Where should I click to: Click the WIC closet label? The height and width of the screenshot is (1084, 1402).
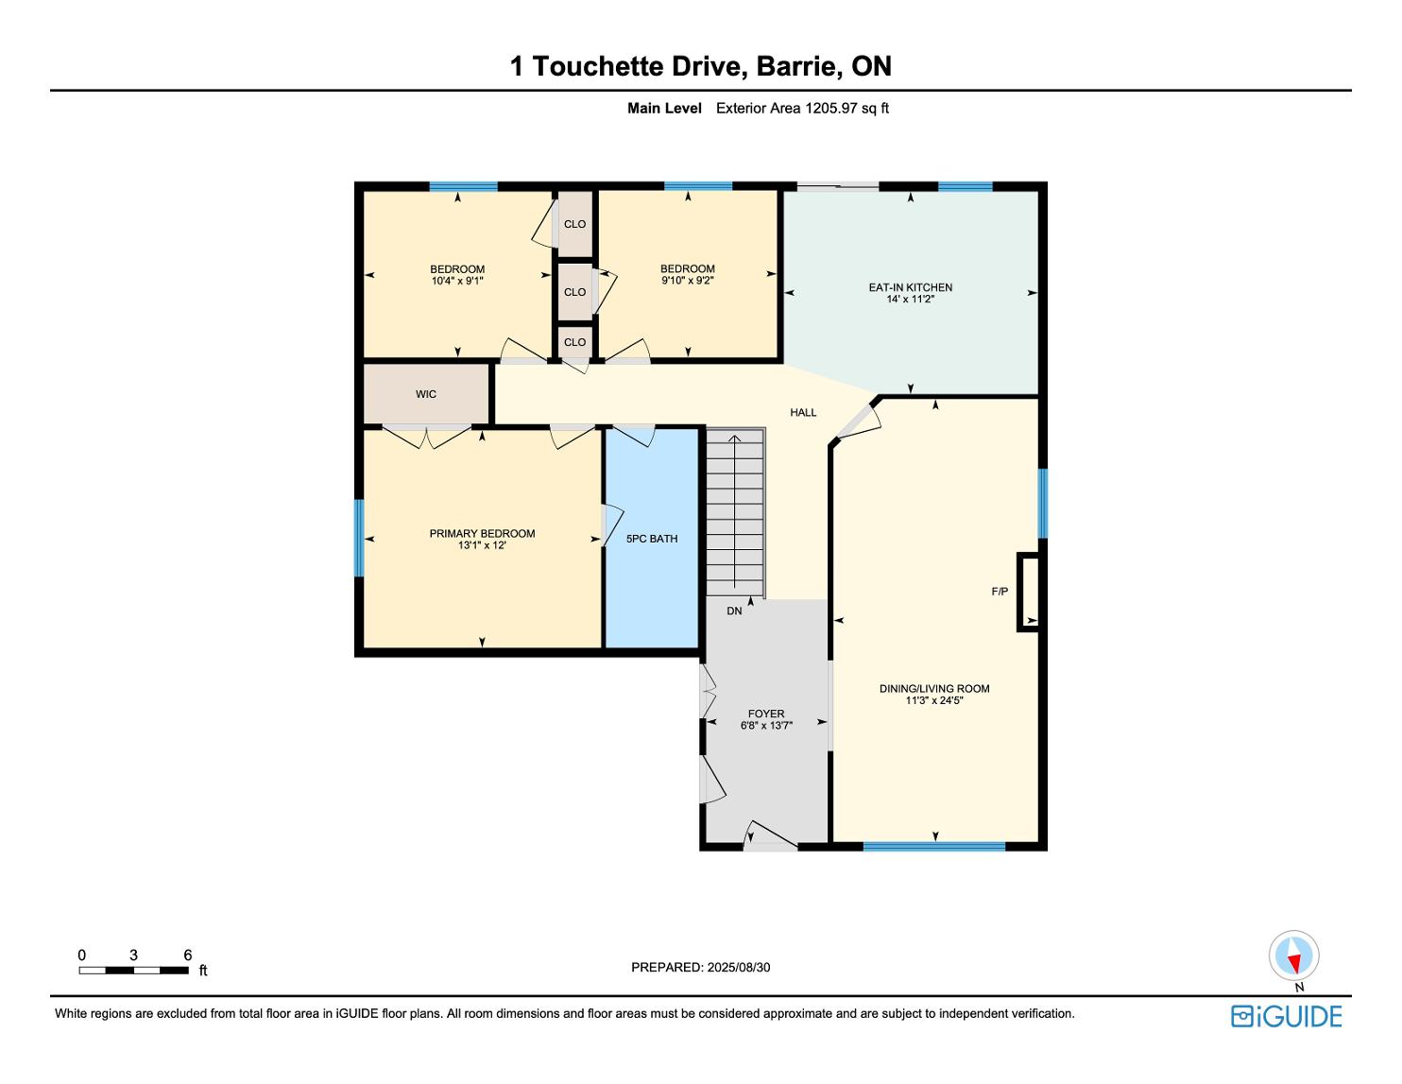pyautogui.click(x=426, y=394)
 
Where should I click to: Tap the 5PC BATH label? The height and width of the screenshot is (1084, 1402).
pyautogui.click(x=652, y=539)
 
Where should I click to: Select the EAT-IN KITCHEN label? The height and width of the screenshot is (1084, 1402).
pyautogui.click(x=911, y=288)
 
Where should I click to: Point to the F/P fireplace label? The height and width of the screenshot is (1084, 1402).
pyautogui.click(x=1000, y=591)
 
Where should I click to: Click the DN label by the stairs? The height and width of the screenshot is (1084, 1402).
pyautogui.click(x=734, y=611)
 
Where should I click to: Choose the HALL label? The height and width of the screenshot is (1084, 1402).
pyautogui.click(x=803, y=412)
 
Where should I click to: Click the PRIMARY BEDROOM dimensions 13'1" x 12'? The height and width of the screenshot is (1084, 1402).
pyautogui.click(x=482, y=545)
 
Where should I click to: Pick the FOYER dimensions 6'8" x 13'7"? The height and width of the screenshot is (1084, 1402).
pyautogui.click(x=766, y=725)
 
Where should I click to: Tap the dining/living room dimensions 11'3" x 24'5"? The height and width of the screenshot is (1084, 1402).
pyautogui.click(x=934, y=700)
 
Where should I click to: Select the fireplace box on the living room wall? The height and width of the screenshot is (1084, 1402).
pyautogui.click(x=1029, y=592)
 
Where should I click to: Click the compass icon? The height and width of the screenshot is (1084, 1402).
pyautogui.click(x=1293, y=955)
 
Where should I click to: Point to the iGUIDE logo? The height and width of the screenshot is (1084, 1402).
pyautogui.click(x=1287, y=1016)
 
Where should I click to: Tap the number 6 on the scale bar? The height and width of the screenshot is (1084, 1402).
pyautogui.click(x=188, y=955)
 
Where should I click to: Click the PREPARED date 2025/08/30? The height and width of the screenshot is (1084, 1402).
pyautogui.click(x=739, y=967)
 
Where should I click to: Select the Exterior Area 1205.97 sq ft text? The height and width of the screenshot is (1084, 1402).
pyautogui.click(x=802, y=109)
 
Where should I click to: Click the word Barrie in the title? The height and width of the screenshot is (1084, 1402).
pyautogui.click(x=798, y=66)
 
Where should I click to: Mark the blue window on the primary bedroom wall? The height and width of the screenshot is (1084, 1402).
pyautogui.click(x=359, y=538)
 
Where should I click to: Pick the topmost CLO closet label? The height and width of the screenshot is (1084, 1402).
pyautogui.click(x=574, y=224)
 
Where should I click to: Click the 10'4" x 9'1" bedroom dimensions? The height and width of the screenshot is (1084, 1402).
pyautogui.click(x=457, y=281)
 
